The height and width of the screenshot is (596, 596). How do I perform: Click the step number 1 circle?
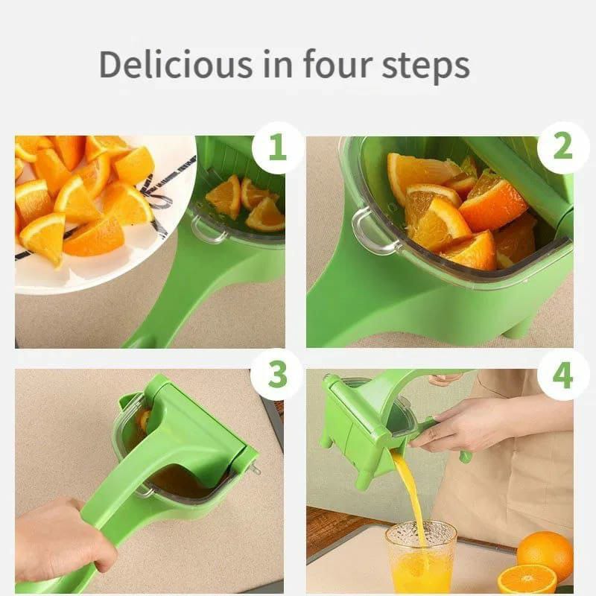click(277, 148)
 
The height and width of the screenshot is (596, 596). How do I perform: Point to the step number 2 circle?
click(563, 148)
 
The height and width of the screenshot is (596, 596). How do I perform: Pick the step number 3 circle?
click(277, 375)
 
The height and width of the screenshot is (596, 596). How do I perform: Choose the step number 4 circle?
click(563, 375)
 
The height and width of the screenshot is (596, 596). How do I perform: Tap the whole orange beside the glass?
click(545, 554)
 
